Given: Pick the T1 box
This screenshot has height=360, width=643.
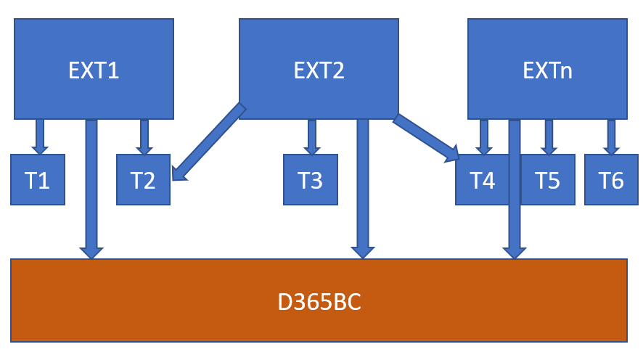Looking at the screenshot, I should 38,179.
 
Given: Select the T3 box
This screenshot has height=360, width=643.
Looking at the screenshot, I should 311,179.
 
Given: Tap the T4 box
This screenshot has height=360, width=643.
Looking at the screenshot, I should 479,179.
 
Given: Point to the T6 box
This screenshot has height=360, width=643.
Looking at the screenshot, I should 611,179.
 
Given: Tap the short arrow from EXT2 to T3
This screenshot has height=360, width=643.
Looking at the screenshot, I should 312,135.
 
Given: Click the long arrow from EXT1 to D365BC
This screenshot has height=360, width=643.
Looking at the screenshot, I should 91,189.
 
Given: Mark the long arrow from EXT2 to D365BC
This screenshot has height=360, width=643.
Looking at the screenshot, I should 363,189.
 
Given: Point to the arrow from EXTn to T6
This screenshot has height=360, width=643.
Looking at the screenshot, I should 612,135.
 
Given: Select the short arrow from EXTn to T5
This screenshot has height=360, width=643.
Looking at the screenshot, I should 549,135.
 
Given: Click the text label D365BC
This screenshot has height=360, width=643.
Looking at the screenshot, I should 319,300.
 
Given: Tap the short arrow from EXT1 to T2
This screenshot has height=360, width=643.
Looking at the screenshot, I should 144,135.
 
